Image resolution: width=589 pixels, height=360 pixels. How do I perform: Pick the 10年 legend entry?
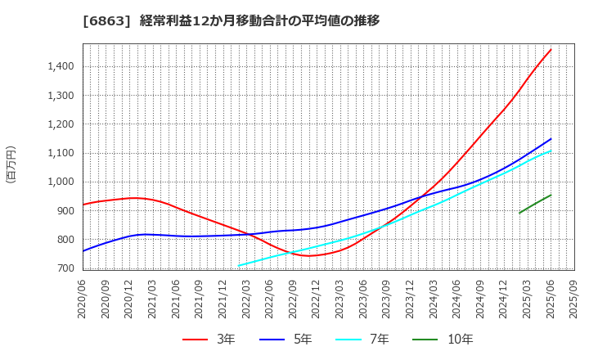[449, 339]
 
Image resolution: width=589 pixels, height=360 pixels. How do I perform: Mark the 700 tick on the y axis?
[65, 268]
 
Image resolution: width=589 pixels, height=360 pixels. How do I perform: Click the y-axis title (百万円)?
[11, 164]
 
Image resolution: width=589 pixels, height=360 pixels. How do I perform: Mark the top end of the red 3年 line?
[551, 49]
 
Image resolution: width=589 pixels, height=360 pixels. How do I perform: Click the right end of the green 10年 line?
[551, 195]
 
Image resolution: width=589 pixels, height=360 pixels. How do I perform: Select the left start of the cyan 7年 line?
[239, 265]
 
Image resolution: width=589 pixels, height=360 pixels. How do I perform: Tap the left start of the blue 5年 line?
[83, 250]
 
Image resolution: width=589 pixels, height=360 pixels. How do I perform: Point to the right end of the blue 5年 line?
[551, 138]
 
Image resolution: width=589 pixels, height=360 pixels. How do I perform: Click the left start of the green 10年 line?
[519, 213]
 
